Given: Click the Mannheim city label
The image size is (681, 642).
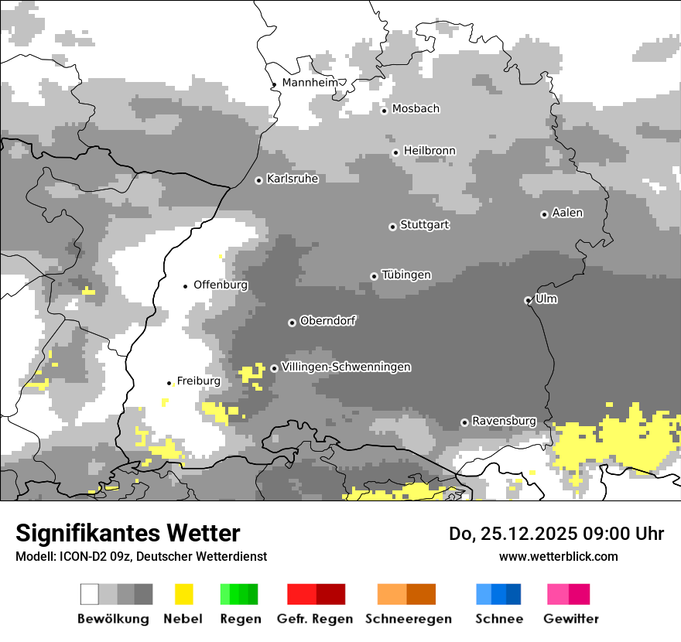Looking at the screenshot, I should (x=310, y=82).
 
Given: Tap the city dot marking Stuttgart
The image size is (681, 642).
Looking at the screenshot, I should (x=392, y=227).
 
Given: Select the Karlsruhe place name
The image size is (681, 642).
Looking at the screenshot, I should (x=293, y=179).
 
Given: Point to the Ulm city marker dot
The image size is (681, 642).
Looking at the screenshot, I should (x=528, y=300).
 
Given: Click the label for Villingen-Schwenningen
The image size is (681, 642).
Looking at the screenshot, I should (x=346, y=367).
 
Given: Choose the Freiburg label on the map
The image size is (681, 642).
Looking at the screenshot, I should (x=198, y=381).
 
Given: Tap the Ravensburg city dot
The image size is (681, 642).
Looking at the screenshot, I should (x=464, y=422).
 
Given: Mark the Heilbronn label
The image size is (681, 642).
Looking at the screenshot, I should (x=429, y=151).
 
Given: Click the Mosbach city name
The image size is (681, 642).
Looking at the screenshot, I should (x=416, y=109).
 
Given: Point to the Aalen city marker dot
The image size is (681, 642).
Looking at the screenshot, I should (x=544, y=214).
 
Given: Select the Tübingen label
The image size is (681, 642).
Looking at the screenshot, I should (x=406, y=275).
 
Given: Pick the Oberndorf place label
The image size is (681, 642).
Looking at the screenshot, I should (x=327, y=321).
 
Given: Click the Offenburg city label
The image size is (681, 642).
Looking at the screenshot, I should (x=221, y=285).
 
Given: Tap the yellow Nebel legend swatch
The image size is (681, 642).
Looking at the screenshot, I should (x=183, y=594).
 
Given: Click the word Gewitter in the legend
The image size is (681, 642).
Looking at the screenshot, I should (x=570, y=619).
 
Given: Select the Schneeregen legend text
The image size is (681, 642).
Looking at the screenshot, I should (x=409, y=619).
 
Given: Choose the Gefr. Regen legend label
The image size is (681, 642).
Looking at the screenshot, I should (x=314, y=619).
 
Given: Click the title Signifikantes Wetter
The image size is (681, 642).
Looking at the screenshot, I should (x=128, y=533).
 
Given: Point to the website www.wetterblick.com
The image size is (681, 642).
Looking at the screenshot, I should (x=558, y=556).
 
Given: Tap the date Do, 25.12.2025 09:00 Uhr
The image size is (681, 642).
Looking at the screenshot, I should (x=556, y=534).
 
